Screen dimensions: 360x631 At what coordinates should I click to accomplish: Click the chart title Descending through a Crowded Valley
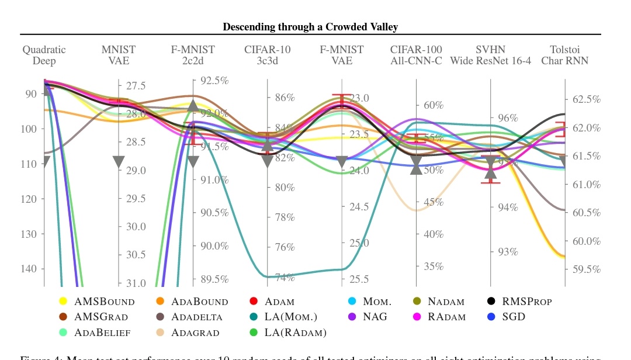point(310,27)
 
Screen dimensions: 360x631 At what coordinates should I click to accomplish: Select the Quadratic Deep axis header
point(44,56)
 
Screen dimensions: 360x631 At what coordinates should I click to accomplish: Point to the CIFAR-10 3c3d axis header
point(267,56)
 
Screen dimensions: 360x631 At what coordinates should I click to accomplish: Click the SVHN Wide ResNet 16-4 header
point(490,56)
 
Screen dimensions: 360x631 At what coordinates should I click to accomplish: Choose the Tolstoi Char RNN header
point(564,56)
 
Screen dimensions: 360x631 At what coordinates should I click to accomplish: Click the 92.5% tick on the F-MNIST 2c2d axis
point(214,81)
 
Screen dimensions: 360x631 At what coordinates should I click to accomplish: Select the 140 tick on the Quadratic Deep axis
point(30,269)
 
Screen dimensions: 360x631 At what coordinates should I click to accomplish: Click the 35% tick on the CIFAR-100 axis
point(434,266)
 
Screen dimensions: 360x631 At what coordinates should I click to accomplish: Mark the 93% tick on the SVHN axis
point(508,252)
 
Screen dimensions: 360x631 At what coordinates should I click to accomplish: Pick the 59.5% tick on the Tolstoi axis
point(586,269)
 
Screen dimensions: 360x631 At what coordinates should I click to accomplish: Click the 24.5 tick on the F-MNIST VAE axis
point(361,207)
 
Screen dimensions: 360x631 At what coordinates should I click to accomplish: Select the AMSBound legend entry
point(104,302)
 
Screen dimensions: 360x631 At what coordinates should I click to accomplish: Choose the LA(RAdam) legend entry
point(294,333)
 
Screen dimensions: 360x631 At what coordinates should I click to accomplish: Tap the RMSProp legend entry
point(526,302)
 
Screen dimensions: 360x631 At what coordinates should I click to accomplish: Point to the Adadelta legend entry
point(196,317)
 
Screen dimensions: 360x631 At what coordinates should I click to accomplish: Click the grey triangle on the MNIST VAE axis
point(119,162)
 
